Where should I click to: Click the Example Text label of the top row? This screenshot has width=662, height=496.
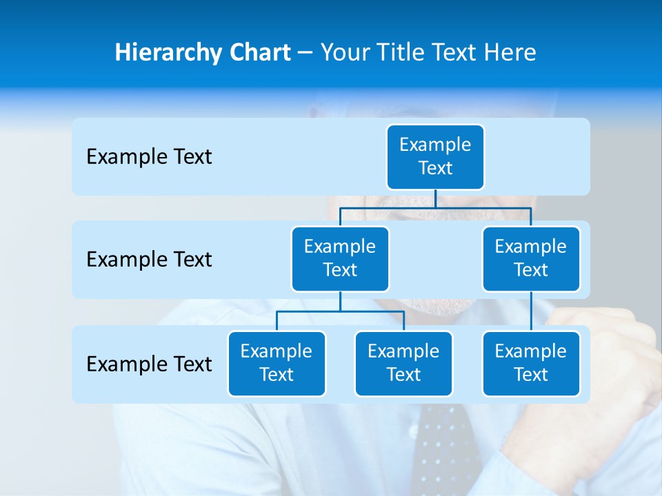tap(149, 157)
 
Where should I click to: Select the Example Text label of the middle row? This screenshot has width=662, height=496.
tap(149, 260)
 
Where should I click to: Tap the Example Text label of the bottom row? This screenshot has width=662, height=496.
tap(149, 364)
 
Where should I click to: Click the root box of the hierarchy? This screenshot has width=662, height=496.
tap(435, 157)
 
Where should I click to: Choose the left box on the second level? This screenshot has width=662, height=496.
tap(340, 259)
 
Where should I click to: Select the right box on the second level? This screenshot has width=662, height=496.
tap(531, 259)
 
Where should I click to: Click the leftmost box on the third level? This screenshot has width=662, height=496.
tap(277, 364)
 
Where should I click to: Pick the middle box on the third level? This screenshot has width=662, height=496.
tap(403, 364)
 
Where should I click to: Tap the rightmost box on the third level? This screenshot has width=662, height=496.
tap(531, 364)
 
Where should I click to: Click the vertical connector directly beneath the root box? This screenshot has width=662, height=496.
tap(435, 198)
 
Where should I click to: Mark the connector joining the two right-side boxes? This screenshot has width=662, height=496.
tap(531, 311)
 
